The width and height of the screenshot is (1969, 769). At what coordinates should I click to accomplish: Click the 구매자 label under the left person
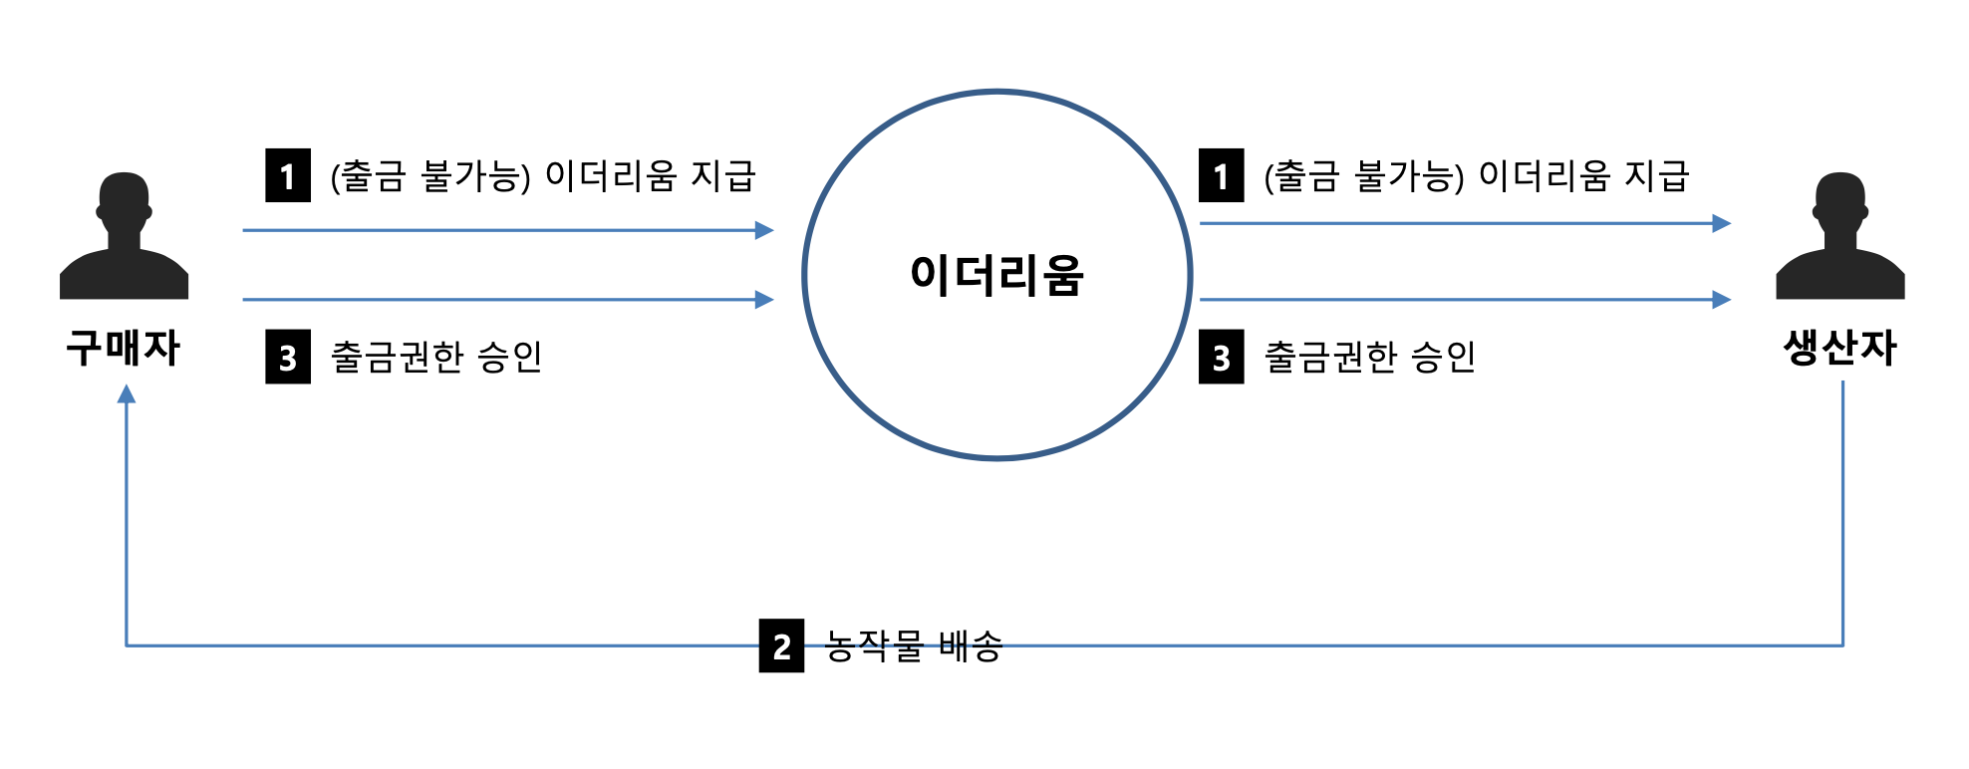coord(123,348)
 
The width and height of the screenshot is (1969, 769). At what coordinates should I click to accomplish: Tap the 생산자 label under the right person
coord(1839,348)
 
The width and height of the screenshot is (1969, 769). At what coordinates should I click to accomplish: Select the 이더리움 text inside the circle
coord(996,275)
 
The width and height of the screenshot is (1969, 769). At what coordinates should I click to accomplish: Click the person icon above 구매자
coord(124,236)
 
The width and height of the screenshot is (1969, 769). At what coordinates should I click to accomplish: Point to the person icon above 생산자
coord(1839,236)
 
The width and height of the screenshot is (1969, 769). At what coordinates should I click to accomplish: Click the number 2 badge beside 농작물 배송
coord(781,646)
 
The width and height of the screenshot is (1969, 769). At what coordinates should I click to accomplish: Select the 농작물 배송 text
coord(913,646)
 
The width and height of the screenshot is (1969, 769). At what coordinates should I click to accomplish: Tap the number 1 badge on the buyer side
coord(288,176)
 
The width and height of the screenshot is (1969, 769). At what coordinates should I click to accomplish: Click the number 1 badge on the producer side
coord(1221,176)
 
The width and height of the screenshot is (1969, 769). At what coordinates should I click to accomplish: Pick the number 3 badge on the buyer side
coord(288,357)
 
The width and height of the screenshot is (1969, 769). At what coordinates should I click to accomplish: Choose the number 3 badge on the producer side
coord(1221,357)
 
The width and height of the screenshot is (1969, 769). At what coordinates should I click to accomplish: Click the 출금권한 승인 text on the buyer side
coord(436,357)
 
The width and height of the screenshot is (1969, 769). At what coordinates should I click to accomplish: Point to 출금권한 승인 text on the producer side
coord(1369,357)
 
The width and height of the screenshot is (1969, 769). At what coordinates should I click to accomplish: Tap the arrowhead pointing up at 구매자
coord(127,394)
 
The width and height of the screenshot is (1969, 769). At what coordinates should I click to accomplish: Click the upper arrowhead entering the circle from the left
coord(764,230)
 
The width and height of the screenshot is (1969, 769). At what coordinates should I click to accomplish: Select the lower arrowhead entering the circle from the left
coord(764,299)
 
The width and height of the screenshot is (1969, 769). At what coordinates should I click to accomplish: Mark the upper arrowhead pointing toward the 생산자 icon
coord(1721,223)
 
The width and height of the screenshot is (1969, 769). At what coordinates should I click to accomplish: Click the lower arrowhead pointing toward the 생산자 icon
coord(1721,299)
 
